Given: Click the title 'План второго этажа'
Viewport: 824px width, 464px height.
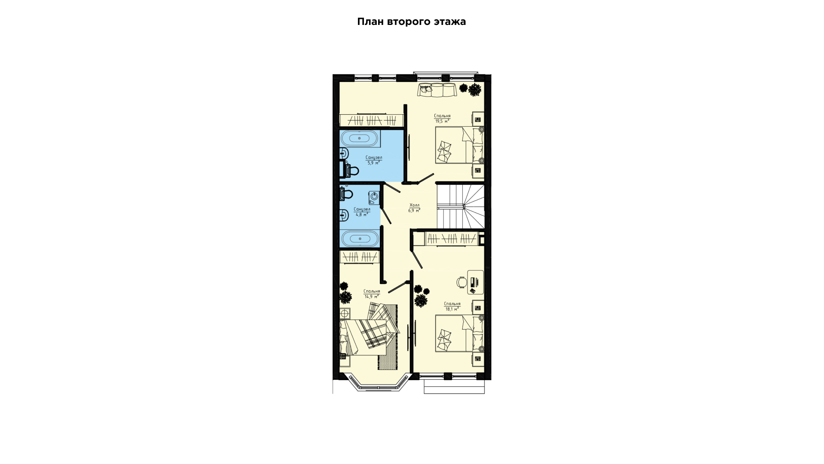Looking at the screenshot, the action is point(412,21).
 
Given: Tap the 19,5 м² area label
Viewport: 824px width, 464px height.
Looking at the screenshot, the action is point(442,121).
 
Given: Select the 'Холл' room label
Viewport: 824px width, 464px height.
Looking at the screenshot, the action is point(414,205).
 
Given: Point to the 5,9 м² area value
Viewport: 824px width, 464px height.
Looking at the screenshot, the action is point(373,163).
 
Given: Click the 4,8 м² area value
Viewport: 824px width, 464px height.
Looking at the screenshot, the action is point(362,214).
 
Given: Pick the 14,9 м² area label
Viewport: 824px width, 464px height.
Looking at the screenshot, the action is point(371,296).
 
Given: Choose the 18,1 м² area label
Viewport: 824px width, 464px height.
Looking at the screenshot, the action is point(452,309).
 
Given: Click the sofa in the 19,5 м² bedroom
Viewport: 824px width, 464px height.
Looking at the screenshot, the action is point(437,90).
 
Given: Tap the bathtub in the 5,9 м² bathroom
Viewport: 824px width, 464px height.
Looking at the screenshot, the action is point(360,138).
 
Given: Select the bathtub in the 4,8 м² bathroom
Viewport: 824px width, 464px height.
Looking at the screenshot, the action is point(360,238).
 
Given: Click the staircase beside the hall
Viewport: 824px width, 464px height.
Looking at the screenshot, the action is point(460,207).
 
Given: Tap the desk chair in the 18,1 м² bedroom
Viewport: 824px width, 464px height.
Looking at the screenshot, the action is point(461,282).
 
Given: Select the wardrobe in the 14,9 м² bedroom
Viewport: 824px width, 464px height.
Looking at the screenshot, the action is point(360,257).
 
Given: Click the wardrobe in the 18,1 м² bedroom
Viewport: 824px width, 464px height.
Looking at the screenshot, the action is point(451,238).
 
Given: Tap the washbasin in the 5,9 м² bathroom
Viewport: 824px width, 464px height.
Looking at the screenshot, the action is point(344,153).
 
